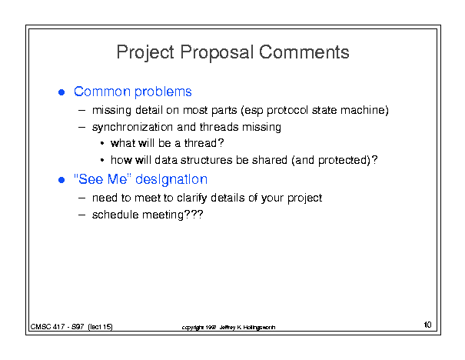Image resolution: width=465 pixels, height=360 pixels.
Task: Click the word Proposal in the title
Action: [x=217, y=53]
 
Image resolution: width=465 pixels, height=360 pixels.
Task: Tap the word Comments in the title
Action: [x=304, y=52]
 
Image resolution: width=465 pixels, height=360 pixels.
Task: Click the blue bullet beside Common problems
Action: [x=61, y=92]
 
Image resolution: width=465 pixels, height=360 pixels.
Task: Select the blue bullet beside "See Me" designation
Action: [x=61, y=180]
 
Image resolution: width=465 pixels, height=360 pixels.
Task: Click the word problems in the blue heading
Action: [x=163, y=92]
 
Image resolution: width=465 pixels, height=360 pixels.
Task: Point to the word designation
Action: [x=171, y=180]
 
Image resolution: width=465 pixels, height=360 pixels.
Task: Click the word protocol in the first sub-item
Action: [x=287, y=111]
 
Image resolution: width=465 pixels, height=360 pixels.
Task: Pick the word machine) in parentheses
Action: [x=364, y=110]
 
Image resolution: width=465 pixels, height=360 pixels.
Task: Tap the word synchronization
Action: [x=132, y=128]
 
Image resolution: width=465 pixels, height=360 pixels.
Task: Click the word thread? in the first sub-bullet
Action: [x=204, y=143]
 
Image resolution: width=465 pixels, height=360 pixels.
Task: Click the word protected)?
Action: [x=348, y=161]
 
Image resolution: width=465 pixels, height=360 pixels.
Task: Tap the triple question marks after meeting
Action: [x=194, y=215]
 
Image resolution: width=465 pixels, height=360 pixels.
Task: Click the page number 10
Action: [x=427, y=325]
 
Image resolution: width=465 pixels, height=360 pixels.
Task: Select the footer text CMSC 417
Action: [x=48, y=327]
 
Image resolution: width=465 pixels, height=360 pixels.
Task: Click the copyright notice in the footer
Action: [x=228, y=328]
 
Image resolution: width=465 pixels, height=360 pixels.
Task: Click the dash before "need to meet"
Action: [x=81, y=198]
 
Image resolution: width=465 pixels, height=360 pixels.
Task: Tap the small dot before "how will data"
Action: [x=102, y=160]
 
